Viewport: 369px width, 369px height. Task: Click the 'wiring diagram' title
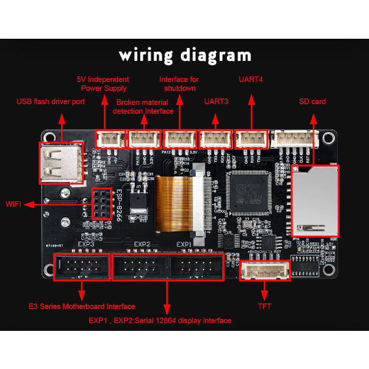185,55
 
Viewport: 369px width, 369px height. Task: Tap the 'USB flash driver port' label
50,101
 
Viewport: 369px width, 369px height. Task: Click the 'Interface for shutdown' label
178,84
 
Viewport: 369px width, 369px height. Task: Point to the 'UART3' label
216,101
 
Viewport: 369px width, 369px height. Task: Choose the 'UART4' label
251,80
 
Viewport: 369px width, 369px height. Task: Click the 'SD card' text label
312,101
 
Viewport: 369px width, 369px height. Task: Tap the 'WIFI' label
17,204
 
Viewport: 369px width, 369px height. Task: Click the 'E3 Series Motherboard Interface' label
82,306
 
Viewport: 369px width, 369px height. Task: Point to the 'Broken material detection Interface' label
143,106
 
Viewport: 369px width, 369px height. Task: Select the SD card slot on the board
314,200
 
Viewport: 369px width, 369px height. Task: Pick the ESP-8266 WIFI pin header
101,204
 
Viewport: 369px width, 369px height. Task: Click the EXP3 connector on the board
81,266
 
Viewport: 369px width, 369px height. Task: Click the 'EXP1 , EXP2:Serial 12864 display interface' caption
160,320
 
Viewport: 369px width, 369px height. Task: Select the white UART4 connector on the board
252,138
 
